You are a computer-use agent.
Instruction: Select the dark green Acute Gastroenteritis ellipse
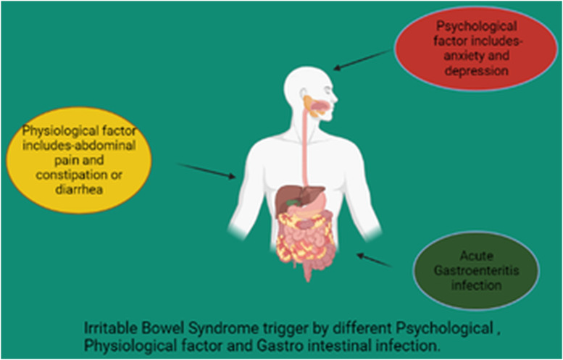pyautogui.click(x=476, y=272)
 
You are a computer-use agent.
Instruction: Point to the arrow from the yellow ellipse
pyautogui.click(x=207, y=171)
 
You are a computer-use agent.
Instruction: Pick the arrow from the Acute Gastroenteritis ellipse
pyautogui.click(x=375, y=260)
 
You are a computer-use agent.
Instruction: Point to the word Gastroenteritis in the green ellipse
pyautogui.click(x=476, y=272)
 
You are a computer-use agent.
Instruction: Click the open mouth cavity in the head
pyautogui.click(x=322, y=107)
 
